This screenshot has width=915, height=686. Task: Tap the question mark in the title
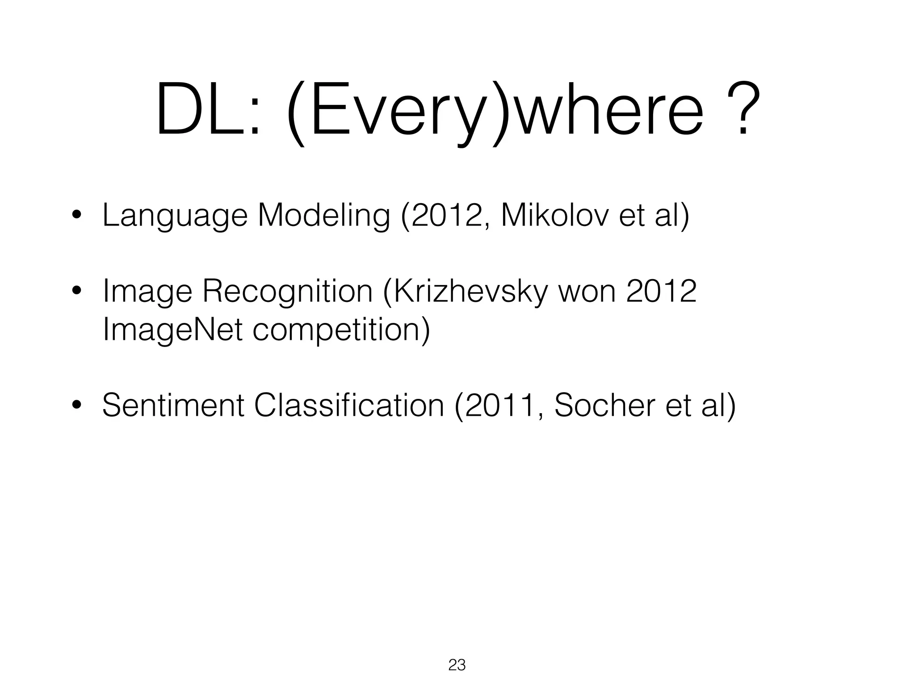[x=743, y=109]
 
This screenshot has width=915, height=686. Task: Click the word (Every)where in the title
[x=496, y=112]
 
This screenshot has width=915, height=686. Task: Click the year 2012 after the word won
[x=661, y=291]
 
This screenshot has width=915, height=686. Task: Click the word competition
[x=341, y=331]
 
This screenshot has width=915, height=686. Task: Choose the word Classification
[x=349, y=406]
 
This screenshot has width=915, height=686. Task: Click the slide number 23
[x=457, y=665]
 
